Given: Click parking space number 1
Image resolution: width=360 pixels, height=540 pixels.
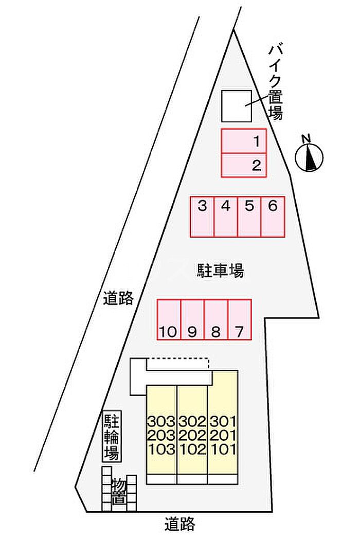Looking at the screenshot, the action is click(244, 141).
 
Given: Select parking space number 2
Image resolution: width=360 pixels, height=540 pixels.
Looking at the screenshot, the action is click(244, 165).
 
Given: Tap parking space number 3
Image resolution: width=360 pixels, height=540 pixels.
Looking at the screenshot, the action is click(202, 217).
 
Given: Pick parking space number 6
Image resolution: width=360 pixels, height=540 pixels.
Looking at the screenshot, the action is click(273, 217).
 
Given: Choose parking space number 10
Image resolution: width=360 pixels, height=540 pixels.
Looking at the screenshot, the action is click(169, 319).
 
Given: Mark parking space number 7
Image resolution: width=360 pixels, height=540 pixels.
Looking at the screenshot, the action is click(240, 319).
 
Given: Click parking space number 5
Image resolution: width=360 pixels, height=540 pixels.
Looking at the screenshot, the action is click(249, 217).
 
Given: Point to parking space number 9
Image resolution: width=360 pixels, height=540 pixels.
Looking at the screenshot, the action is click(192, 319).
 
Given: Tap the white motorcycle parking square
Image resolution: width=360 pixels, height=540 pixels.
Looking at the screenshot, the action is click(237, 106).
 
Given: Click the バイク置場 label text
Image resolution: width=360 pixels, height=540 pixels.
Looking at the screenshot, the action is click(276, 83).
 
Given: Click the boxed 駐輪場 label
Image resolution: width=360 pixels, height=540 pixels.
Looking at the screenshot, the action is click(112, 437).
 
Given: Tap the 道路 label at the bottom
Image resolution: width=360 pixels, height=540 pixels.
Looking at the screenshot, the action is click(180, 524).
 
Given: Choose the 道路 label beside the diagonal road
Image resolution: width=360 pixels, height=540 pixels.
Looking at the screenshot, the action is click(118, 298).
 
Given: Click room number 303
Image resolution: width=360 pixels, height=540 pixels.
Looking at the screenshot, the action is click(161, 421).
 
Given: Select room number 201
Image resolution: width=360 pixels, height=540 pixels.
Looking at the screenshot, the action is click(223, 435).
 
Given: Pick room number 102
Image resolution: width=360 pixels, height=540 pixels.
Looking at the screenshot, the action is click(192, 449).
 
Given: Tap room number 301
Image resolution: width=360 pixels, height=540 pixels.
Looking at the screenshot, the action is click(223, 421).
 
